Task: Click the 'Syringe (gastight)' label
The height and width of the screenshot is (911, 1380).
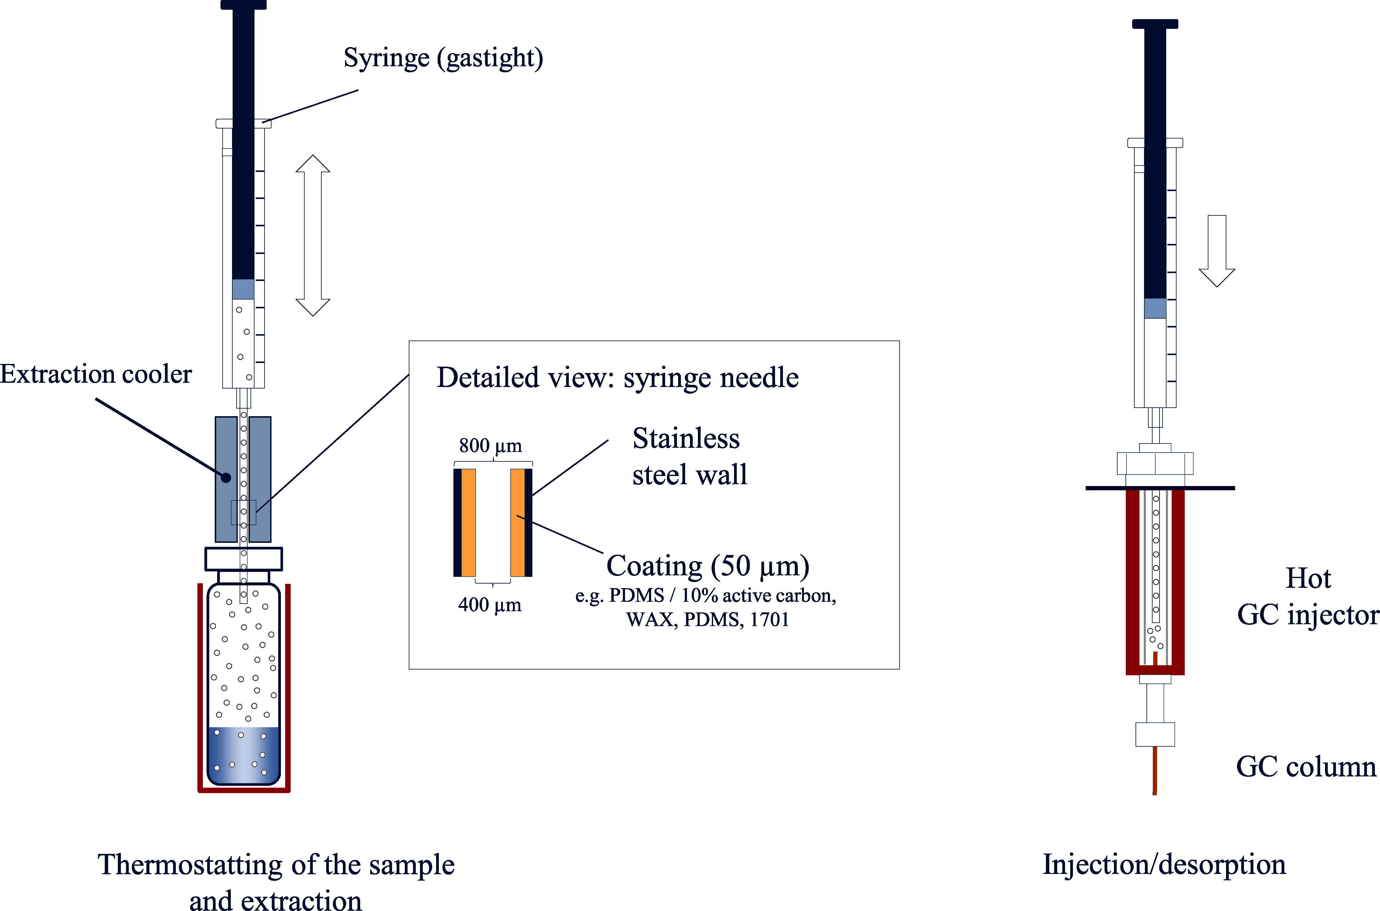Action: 443,58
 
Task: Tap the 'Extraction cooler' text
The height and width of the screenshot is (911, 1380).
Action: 96,374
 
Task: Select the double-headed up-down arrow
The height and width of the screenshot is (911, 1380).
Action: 313,235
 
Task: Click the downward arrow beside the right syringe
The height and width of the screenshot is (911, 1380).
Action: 1217,251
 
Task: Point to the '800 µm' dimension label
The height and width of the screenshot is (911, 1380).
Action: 491,446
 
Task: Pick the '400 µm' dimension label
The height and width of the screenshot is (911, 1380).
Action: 490,605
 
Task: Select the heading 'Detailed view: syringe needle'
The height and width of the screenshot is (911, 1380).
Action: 617,378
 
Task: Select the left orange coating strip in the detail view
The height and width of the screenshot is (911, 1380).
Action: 469,522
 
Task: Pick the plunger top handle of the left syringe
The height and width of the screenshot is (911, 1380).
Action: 243,5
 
